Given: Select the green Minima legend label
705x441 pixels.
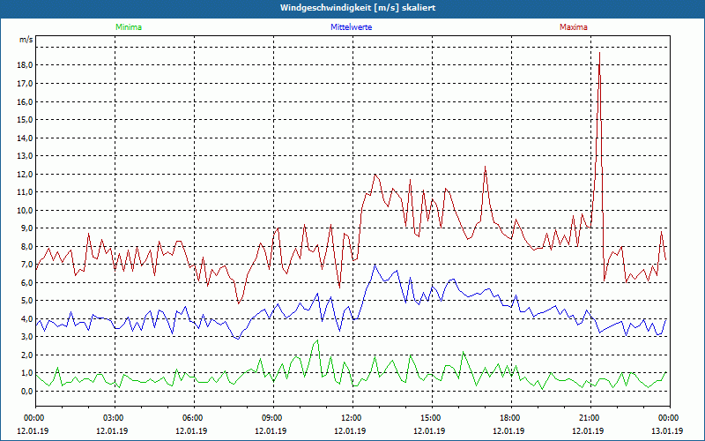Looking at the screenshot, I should [128, 27].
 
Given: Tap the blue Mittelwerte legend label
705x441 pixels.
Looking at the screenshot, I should [350, 27].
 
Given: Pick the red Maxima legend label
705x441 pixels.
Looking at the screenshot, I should [574, 27].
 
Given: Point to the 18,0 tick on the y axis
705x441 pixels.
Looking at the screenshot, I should [25, 65].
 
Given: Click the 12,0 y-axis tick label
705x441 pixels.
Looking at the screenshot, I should [25, 174].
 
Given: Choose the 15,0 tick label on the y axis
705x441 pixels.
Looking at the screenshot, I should [25, 120].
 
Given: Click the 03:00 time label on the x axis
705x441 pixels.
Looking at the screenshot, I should [114, 417].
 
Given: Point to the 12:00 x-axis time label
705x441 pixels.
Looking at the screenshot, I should [352, 417].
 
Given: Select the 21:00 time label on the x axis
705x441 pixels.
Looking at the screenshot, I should [590, 417].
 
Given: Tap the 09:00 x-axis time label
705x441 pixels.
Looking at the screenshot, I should [272, 417].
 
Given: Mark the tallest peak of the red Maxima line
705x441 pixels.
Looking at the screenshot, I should [599, 53].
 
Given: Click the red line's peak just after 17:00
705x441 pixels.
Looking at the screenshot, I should [485, 167].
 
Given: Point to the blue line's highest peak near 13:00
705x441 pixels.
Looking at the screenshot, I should [375, 265].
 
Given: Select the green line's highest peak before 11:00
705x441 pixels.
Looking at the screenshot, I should [317, 340].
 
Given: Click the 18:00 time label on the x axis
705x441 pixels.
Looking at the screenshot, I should [510, 417].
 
